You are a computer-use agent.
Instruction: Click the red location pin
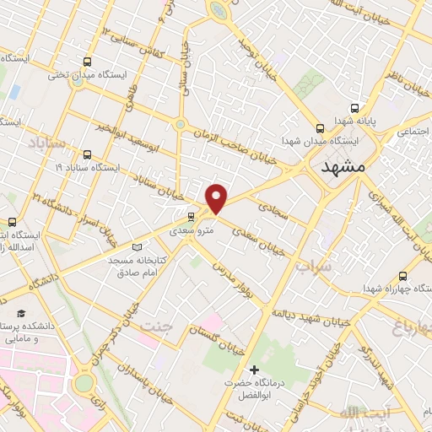pyautogui.click(x=217, y=198)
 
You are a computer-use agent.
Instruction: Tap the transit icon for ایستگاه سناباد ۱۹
pyautogui.click(x=89, y=154)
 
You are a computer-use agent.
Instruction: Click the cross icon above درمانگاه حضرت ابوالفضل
pyautogui.click(x=255, y=370)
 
